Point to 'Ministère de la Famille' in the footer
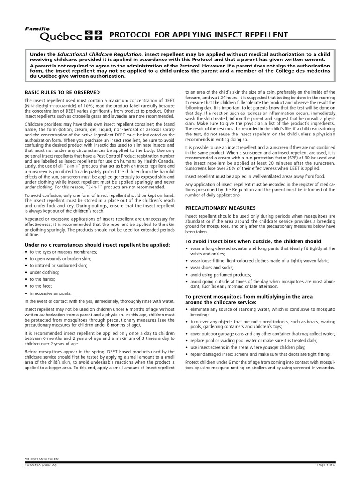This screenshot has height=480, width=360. tap(42, 458)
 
